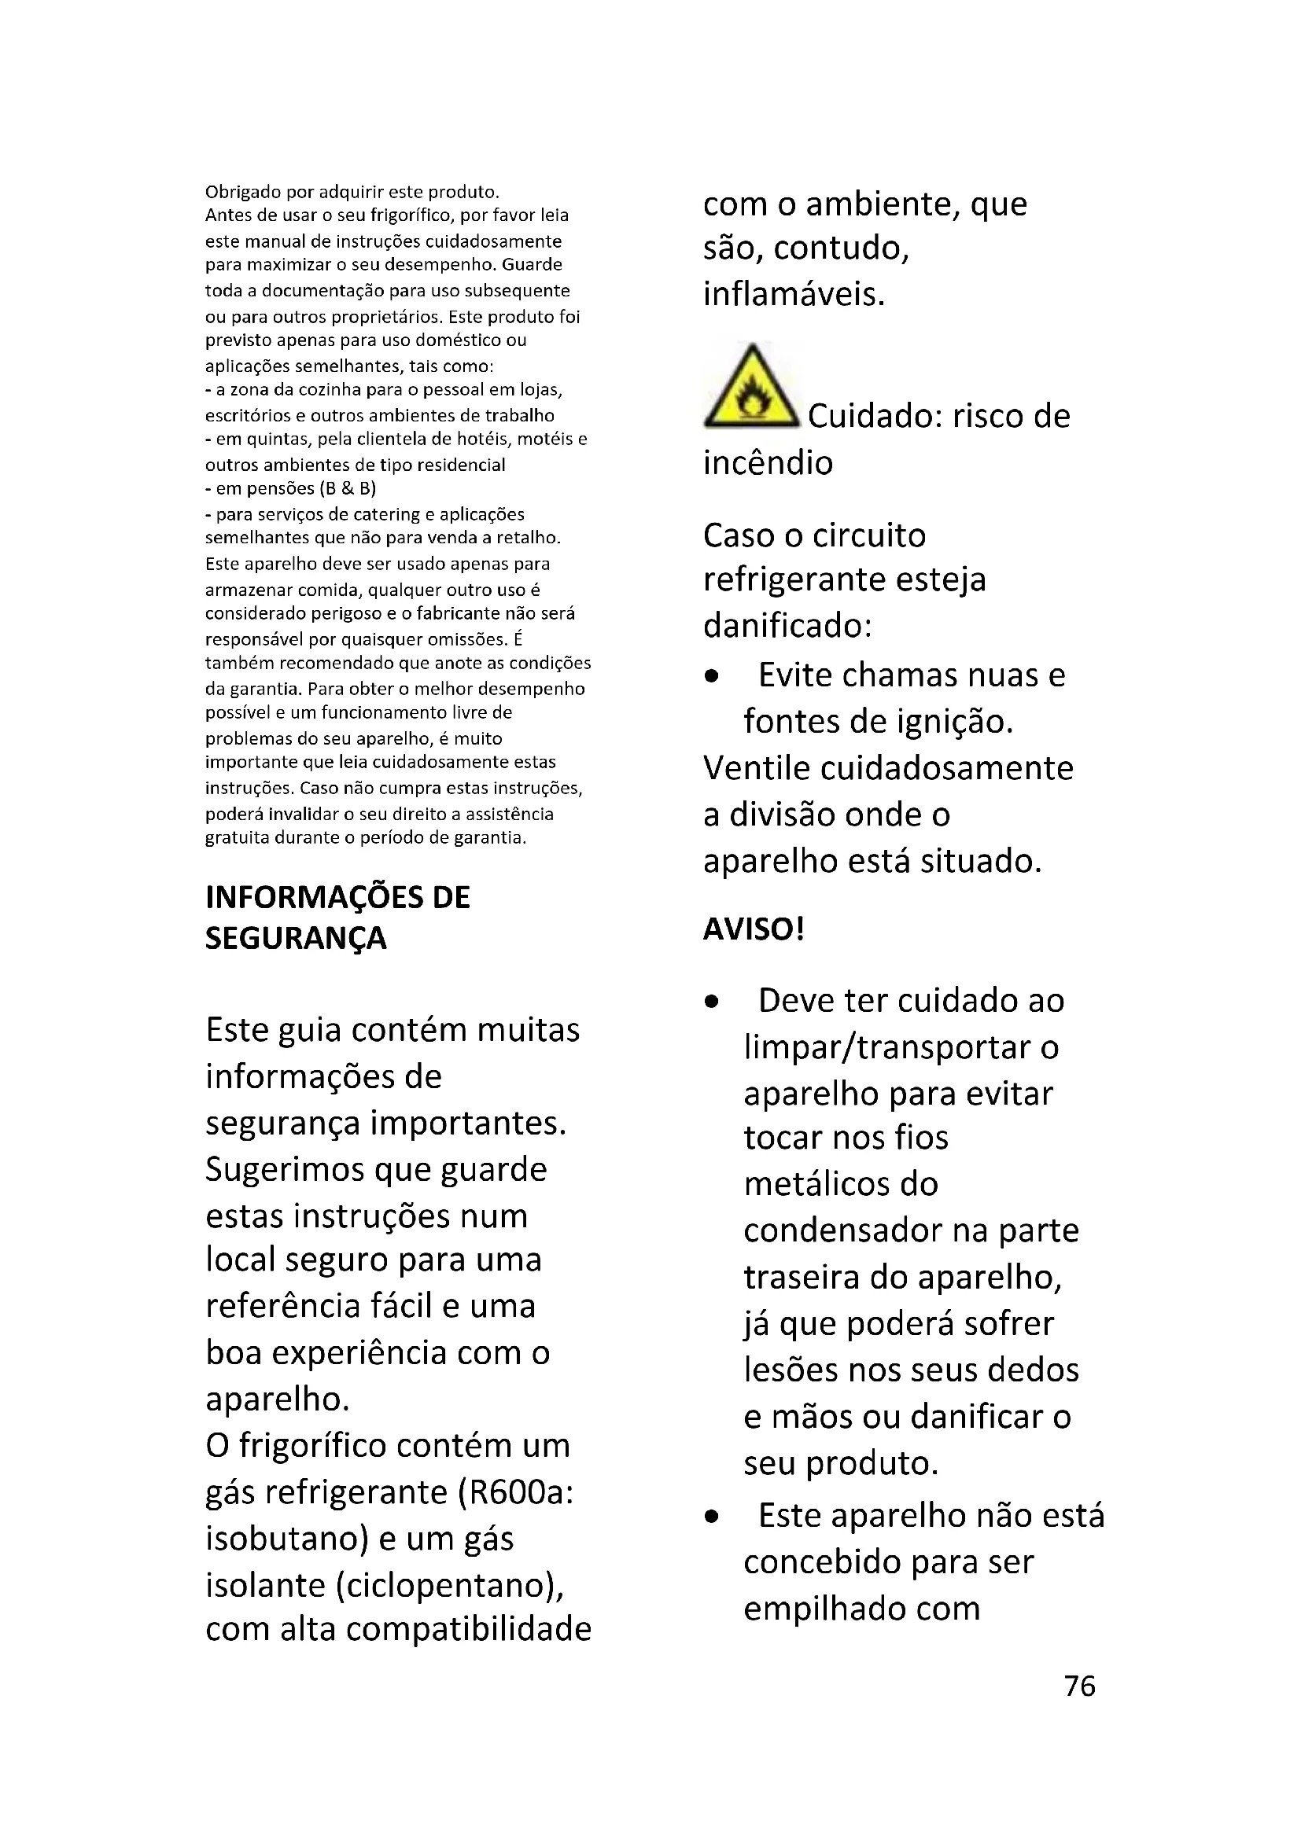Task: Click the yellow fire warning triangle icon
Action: [751, 387]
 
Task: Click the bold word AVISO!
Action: [753, 929]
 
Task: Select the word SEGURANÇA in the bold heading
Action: [296, 938]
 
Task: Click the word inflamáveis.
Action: [794, 295]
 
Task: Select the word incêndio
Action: [768, 463]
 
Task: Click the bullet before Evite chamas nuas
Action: [711, 677]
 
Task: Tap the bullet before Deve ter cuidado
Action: [711, 1002]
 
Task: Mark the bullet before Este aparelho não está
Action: [711, 1517]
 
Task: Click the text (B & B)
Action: [347, 488]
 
